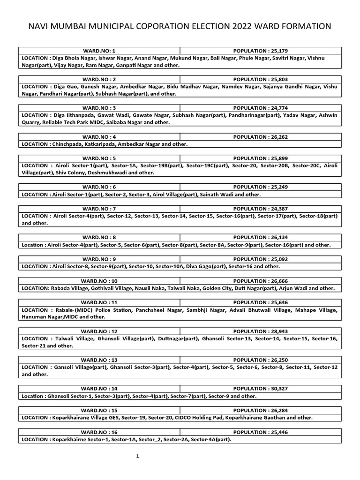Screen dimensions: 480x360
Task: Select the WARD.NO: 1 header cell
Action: pyautogui.click(x=99, y=50)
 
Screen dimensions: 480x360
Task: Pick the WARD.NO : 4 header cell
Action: pyautogui.click(x=99, y=136)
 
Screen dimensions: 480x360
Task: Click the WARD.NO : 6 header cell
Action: pyautogui.click(x=99, y=187)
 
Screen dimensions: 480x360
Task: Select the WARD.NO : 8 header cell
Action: pyautogui.click(x=99, y=237)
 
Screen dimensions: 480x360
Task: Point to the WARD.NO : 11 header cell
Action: pyautogui.click(x=99, y=302)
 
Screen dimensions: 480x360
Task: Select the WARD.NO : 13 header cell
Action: pyautogui.click(x=99, y=360)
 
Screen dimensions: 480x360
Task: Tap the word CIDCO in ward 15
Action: pyautogui.click(x=184, y=417)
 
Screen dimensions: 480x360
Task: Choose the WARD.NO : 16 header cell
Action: pyautogui.click(x=99, y=432)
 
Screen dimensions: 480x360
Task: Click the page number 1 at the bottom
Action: pyautogui.click(x=138, y=457)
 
